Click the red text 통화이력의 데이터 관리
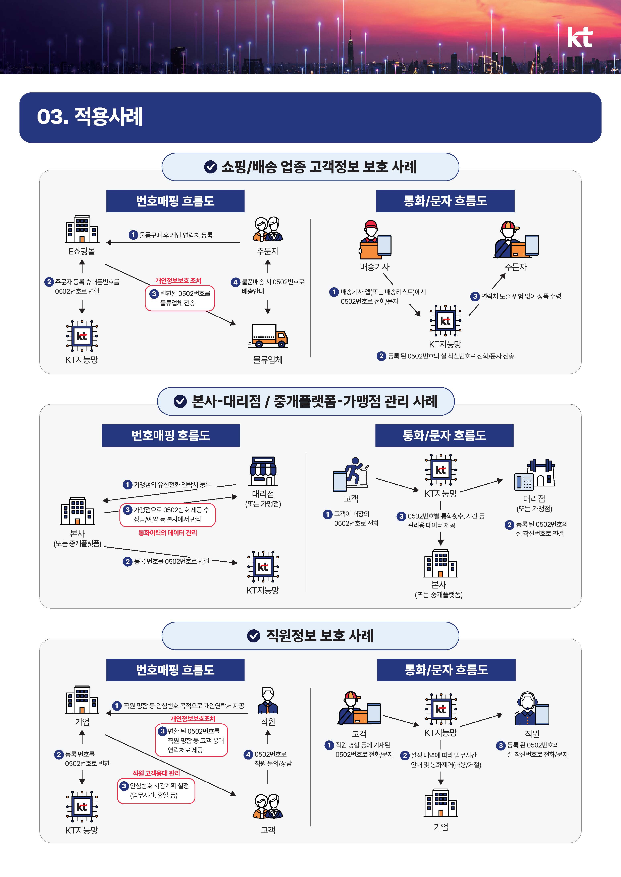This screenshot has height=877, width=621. pos(167,533)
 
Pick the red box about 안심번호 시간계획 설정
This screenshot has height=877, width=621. pos(156,791)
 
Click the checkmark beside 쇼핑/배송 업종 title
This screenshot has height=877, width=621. pos(210,167)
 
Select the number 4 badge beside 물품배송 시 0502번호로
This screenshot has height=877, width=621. pos(236,282)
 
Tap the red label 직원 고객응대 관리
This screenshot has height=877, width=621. pos(156,773)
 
